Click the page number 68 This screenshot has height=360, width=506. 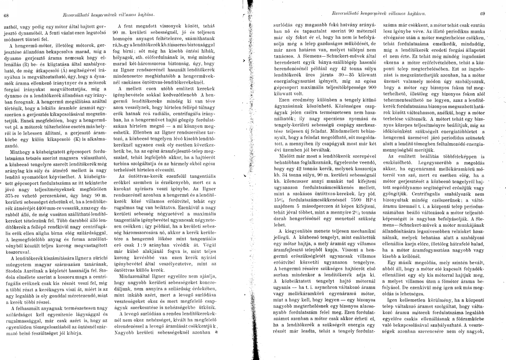[6, 15]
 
